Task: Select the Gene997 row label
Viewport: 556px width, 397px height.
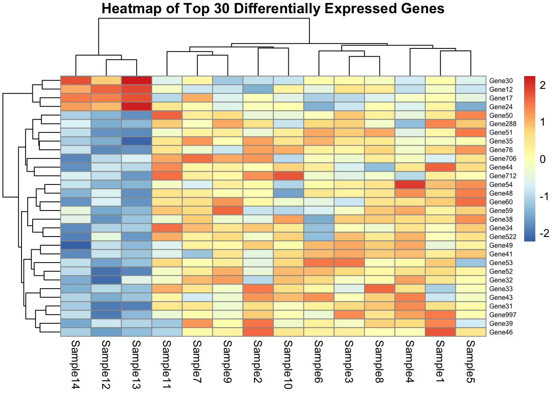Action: (503, 315)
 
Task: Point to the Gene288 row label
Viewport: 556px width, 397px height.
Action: (503, 124)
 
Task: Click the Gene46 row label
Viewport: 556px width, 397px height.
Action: (501, 332)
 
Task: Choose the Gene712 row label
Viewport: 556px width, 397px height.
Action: (503, 176)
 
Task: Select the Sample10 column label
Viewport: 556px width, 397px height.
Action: (288, 365)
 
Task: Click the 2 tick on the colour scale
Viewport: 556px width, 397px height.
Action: (542, 85)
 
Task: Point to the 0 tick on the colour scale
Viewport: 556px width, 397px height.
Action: (542, 159)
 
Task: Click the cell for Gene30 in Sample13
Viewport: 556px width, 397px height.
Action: (137, 81)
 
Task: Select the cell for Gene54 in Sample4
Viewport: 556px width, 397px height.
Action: (410, 184)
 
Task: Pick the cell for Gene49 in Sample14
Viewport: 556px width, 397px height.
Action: (76, 245)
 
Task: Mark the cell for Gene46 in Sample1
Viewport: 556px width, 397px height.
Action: (440, 332)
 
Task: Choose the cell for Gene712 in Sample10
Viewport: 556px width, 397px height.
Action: (288, 176)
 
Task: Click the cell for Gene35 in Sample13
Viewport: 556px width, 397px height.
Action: (137, 141)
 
